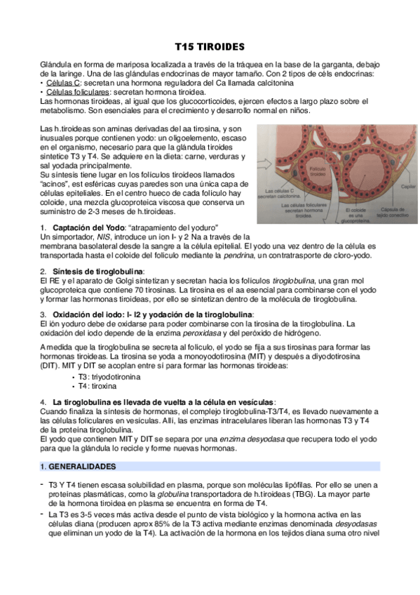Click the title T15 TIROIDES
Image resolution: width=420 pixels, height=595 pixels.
(210, 47)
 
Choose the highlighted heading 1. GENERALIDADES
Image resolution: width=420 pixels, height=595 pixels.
(79, 466)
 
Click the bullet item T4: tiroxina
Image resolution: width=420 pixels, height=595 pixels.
(97, 386)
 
